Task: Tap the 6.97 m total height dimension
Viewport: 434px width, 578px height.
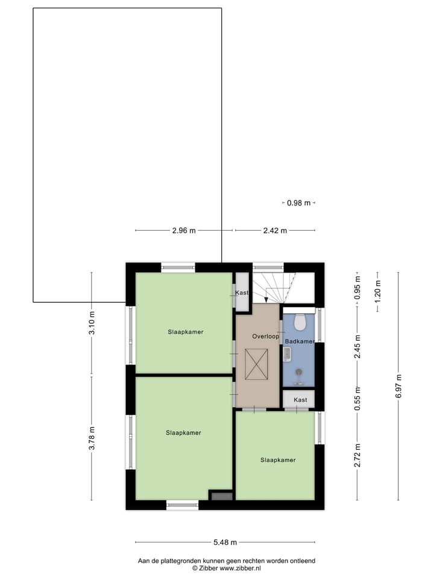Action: point(398,386)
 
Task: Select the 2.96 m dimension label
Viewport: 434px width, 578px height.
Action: point(184,230)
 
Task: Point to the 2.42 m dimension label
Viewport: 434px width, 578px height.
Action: point(274,230)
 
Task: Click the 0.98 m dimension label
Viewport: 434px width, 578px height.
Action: point(298,203)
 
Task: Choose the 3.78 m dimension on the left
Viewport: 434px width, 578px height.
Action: point(92,438)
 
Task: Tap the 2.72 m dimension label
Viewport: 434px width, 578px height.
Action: point(357,455)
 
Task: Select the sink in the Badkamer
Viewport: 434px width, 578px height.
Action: point(287,354)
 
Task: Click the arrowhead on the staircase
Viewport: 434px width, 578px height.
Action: point(266,300)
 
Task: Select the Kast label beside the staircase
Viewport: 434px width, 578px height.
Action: point(242,293)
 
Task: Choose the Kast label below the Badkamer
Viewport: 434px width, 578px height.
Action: point(300,400)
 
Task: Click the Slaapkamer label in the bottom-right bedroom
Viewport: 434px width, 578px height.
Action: point(278,460)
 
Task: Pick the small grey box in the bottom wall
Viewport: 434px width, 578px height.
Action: point(221,496)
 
